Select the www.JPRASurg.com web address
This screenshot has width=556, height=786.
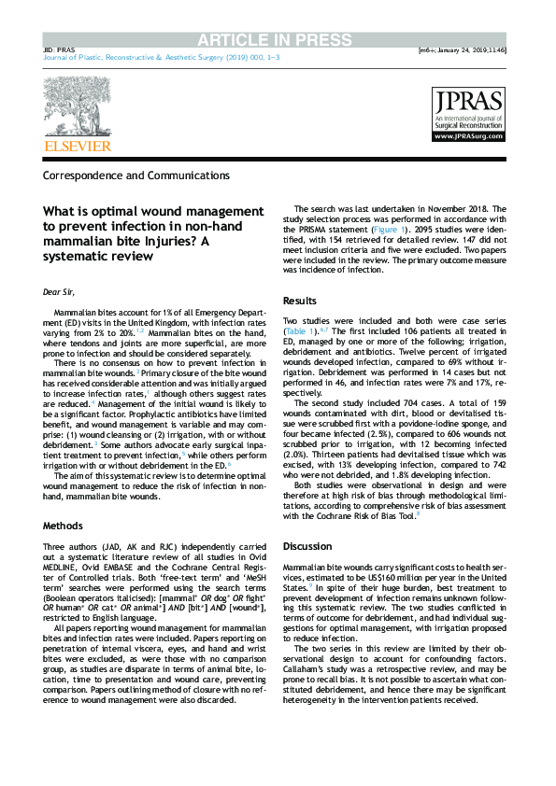pos(468,137)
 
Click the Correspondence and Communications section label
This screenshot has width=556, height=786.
pos(135,175)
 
